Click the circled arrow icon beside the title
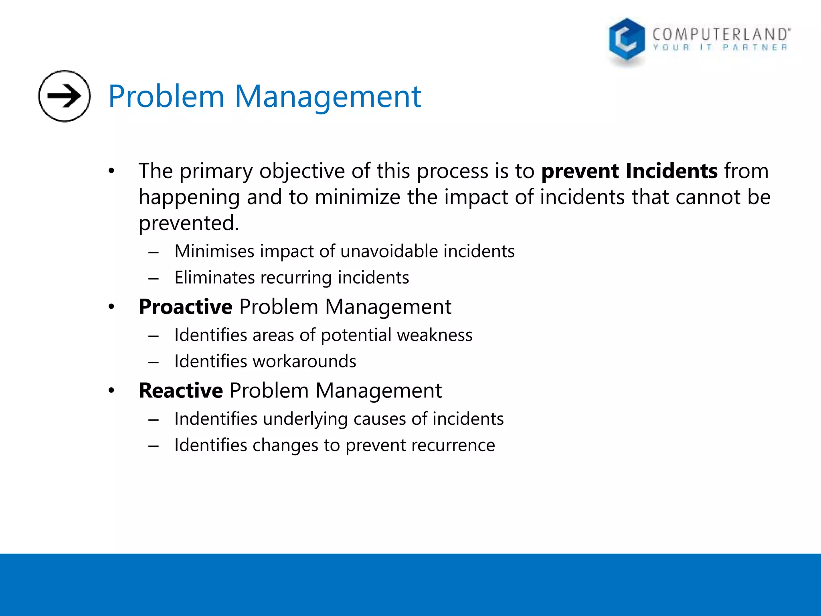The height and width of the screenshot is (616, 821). click(64, 96)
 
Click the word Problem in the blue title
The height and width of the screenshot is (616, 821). click(166, 97)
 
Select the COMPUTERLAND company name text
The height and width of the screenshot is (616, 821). click(720, 34)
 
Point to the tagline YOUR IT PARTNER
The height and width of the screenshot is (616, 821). click(720, 48)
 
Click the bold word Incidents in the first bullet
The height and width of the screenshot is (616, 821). click(671, 171)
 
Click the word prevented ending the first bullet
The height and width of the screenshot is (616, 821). click(188, 223)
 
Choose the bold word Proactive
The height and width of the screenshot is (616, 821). click(185, 307)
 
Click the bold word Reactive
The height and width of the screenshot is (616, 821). click(180, 391)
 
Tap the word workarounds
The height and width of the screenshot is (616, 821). click(305, 361)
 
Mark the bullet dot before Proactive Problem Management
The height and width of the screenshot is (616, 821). click(111, 307)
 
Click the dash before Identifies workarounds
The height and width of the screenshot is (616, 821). click(154, 362)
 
